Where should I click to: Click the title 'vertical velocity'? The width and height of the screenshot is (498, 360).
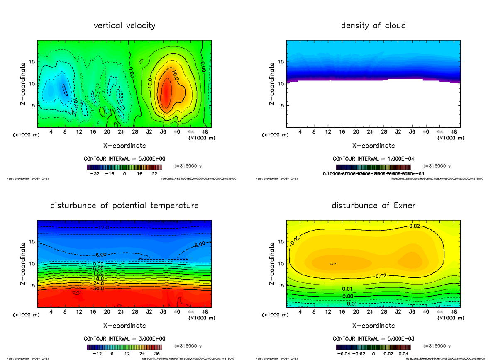124,26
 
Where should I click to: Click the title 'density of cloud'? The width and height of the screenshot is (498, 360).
373,26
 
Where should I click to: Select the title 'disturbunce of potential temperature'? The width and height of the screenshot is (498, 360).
124,206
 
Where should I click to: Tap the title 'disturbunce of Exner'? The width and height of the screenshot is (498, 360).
373,206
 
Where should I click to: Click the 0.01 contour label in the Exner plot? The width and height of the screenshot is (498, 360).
348,289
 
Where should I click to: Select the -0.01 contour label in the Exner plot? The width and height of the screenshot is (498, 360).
348,303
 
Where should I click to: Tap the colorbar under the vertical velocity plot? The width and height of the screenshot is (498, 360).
124,167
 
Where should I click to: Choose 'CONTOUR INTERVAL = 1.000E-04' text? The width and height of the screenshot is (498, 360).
373,159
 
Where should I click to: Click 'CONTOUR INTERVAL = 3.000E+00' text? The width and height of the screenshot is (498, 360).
124,339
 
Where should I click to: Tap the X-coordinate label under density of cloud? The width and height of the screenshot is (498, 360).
373,146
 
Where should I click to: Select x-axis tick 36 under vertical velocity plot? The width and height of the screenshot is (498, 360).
163,132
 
